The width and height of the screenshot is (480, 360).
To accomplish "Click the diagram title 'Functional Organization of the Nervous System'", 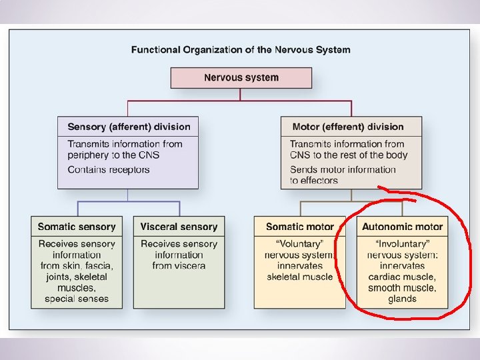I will (x=241, y=49).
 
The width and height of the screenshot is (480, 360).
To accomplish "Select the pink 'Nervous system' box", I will (x=241, y=77).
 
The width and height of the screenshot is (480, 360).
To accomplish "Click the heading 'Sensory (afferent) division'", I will (x=129, y=127).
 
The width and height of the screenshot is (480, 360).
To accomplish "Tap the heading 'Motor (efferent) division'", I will (x=348, y=127).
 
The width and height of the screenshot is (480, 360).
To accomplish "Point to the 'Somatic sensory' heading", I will (x=77, y=227).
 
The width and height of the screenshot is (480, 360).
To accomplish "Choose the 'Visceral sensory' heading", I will (x=179, y=227).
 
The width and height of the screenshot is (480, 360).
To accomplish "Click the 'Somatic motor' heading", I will (x=300, y=227).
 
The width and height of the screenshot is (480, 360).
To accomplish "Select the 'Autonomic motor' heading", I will (x=402, y=227).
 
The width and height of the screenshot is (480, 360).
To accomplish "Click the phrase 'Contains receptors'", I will (x=109, y=169).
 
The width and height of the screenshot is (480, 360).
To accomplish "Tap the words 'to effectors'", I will (x=314, y=180).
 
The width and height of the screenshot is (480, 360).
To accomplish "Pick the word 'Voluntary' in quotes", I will (x=300, y=243).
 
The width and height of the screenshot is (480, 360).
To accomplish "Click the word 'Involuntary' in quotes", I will (x=402, y=243).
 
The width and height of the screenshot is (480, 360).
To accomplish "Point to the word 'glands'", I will (x=402, y=299).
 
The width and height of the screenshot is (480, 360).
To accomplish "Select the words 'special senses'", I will (x=77, y=299).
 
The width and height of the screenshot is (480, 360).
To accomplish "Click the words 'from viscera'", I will (x=179, y=265).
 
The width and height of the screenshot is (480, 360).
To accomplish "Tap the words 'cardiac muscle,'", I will (x=402, y=277).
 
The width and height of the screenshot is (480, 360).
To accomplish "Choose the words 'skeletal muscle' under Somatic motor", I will (x=300, y=277).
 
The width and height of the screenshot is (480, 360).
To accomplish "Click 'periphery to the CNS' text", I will (x=113, y=155).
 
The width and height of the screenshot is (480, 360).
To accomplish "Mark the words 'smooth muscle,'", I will (x=402, y=288).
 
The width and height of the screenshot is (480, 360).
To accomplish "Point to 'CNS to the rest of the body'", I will (x=349, y=155).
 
